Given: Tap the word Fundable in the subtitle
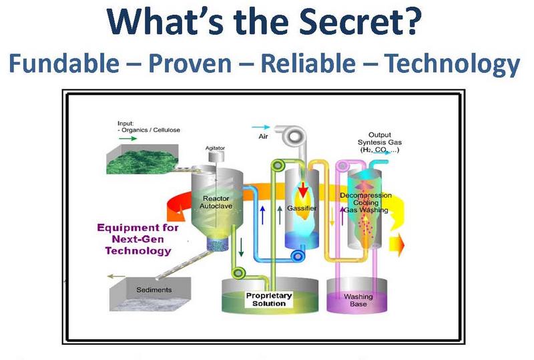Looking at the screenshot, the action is (x=64, y=63).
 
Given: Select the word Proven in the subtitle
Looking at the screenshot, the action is (x=190, y=63).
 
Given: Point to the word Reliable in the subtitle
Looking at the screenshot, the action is (x=308, y=63).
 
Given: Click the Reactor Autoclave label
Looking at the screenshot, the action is (x=216, y=202).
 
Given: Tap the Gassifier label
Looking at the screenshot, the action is (x=302, y=208).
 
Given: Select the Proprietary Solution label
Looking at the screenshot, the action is (x=269, y=299).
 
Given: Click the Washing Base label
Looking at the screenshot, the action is (x=358, y=300).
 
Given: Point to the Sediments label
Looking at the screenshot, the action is (x=154, y=290).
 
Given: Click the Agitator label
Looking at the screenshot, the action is (x=215, y=148).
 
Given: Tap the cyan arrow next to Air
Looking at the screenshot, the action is (x=261, y=127).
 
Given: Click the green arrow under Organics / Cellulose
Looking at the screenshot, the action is (x=127, y=138).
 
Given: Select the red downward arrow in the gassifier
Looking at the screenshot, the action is (x=302, y=190).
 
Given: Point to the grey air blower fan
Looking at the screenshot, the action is (x=294, y=136).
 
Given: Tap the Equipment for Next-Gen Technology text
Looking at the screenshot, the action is (x=138, y=239).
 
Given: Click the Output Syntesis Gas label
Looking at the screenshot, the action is (x=379, y=142).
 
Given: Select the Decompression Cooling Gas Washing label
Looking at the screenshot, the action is (x=366, y=202).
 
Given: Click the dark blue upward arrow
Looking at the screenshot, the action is (x=262, y=215).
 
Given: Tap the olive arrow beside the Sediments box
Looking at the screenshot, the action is (x=116, y=276).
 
